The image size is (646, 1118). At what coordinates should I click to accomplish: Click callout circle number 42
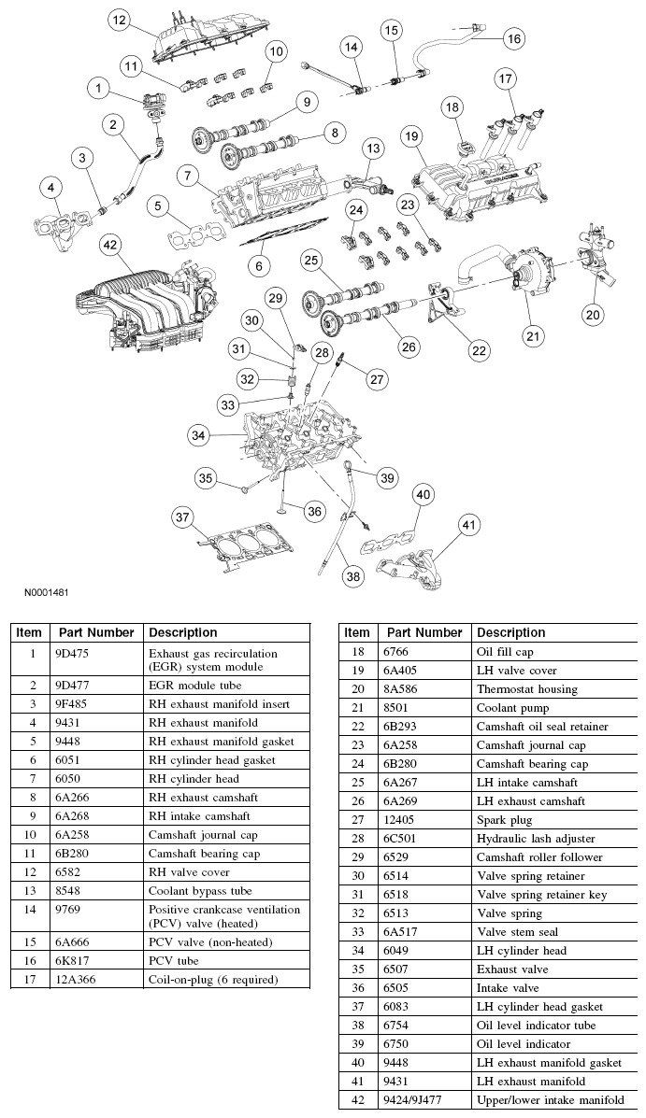tap(110, 246)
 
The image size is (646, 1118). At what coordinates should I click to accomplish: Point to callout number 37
tap(183, 517)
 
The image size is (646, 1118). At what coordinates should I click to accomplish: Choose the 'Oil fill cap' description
tap(505, 652)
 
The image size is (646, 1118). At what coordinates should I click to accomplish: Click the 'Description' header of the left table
tap(183, 632)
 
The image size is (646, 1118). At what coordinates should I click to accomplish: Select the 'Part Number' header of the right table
tap(424, 632)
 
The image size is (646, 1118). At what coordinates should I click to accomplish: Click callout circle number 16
tap(513, 38)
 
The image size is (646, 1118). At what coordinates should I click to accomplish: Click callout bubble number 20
tap(593, 315)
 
